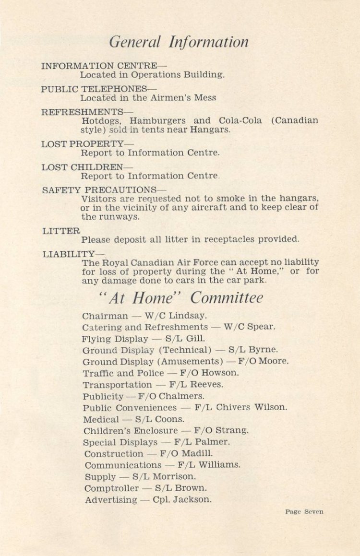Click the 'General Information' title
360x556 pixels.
click(179, 43)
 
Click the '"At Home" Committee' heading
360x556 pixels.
click(180, 298)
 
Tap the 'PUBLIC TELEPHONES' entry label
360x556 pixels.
click(94, 89)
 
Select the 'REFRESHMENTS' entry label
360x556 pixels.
click(82, 112)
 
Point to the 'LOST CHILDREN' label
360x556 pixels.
click(82, 167)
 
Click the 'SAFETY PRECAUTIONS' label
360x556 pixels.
click(99, 189)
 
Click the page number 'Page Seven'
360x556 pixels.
click(304, 511)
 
